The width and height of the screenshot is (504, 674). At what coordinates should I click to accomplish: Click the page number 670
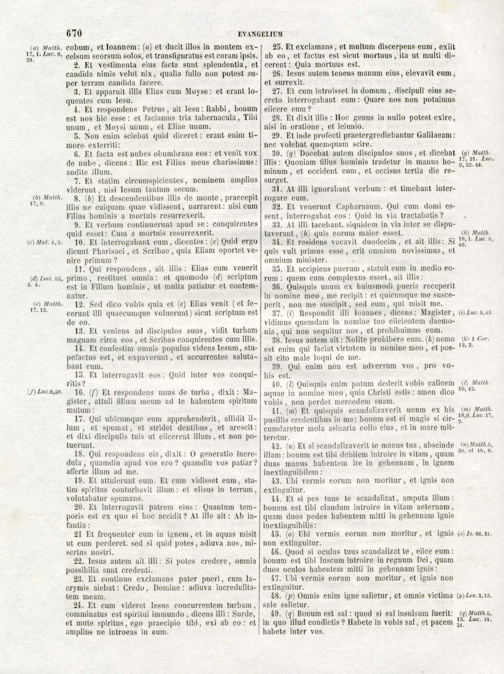pos(74,33)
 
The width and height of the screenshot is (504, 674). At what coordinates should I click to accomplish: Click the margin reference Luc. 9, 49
pos(475,313)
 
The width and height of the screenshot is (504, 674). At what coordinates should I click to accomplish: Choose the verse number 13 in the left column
pos(79,330)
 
